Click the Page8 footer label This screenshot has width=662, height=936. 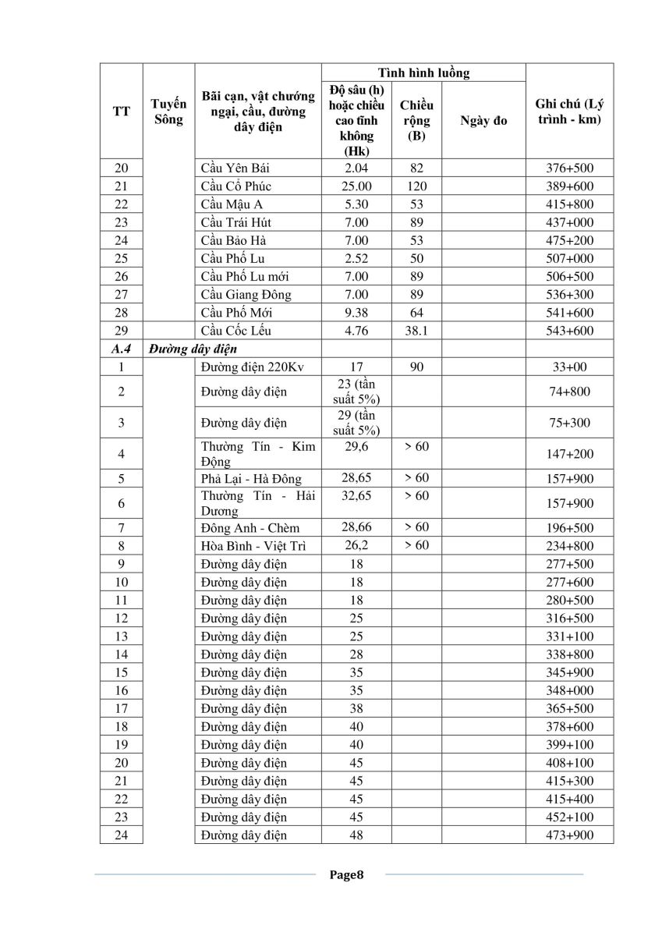347,874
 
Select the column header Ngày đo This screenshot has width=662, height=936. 483,120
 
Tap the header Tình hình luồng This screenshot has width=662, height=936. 423,73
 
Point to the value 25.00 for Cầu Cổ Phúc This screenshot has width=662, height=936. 356,186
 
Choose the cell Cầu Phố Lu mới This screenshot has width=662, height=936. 245,276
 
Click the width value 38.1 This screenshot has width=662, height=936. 416,330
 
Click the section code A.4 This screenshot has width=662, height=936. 121,349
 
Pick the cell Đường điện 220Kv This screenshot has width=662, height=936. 243,367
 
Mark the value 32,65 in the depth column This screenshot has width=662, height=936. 356,495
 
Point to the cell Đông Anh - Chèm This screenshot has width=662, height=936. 250,528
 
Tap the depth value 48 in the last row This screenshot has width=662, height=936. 356,835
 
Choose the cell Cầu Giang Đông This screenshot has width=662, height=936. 246,294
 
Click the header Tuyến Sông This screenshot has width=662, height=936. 168,112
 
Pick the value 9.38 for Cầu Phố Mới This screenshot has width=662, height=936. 356,312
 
